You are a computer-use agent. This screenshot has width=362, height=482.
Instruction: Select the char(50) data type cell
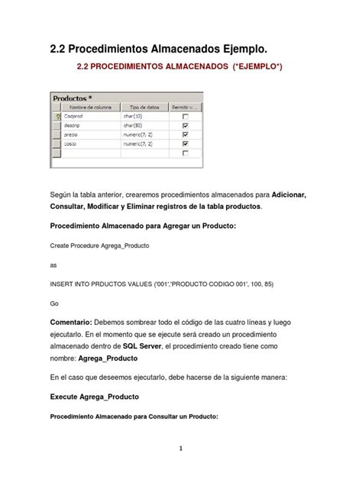134,125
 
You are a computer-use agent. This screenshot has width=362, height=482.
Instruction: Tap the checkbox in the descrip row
186,125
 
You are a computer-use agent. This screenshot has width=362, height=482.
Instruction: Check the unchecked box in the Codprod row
186,117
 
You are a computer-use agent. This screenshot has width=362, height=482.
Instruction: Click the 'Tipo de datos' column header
142,108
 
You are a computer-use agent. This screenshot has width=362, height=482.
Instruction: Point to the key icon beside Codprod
56,117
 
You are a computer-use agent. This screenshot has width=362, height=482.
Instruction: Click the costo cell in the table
71,143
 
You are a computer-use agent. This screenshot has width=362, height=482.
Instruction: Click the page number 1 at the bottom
181,448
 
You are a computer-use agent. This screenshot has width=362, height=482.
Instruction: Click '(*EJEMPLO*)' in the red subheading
250,69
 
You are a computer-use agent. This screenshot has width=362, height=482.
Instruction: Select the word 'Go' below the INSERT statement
54,302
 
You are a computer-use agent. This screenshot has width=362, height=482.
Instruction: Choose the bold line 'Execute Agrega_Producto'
94,397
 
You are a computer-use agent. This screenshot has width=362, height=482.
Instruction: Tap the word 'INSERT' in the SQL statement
63,283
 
